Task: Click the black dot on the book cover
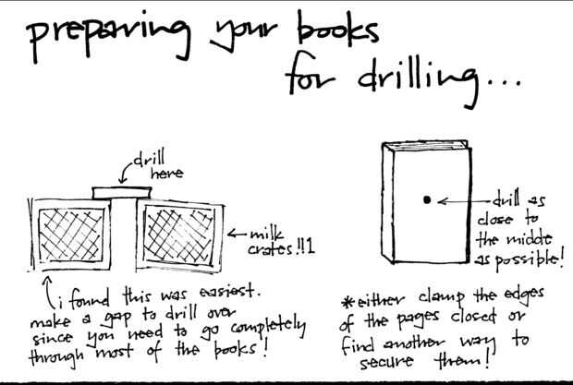427,199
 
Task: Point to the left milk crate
70,235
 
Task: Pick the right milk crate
180,235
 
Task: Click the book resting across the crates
122,193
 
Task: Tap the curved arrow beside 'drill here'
126,171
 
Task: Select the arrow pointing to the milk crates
237,234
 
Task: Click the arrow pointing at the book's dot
464,201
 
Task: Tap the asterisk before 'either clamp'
347,302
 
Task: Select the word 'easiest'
229,292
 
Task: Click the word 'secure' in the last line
386,362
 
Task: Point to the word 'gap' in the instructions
117,319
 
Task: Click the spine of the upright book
388,202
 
